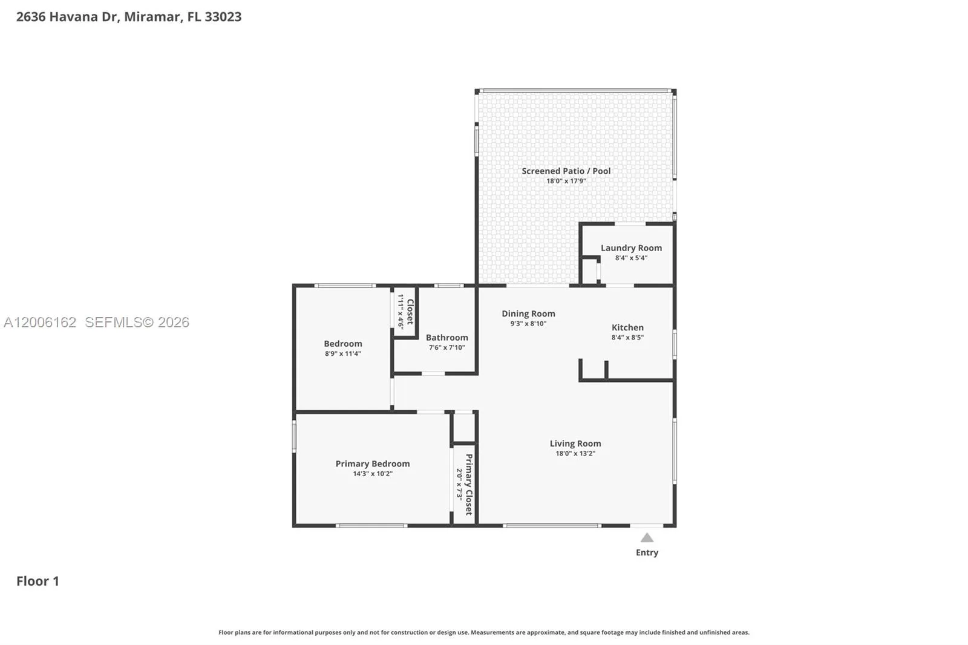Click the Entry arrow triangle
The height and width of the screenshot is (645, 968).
click(x=647, y=538)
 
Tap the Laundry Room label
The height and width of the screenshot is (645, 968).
click(x=631, y=248)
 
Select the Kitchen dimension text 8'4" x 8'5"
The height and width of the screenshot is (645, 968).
click(x=627, y=337)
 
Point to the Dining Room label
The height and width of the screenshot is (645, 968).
click(x=528, y=314)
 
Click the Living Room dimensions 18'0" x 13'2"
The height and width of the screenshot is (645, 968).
click(x=575, y=453)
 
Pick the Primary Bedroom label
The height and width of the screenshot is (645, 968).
click(x=373, y=464)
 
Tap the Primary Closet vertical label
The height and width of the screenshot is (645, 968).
click(x=469, y=484)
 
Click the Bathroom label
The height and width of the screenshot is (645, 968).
click(x=447, y=338)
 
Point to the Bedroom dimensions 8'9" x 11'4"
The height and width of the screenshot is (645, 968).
click(x=342, y=353)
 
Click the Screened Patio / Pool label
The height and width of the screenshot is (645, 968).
click(x=566, y=171)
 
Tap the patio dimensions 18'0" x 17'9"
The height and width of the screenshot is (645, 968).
click(x=566, y=181)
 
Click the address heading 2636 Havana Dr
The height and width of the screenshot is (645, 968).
click(x=68, y=17)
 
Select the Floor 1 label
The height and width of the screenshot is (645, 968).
click(x=38, y=581)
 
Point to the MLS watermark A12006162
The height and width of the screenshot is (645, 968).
click(x=40, y=322)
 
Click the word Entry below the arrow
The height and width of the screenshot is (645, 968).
click(x=647, y=552)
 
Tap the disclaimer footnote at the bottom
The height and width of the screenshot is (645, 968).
click(x=484, y=632)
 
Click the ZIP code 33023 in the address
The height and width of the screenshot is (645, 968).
click(x=223, y=17)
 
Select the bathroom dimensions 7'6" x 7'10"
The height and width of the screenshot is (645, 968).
click(x=447, y=347)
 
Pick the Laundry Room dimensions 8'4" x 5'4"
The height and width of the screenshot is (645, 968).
click(x=631, y=258)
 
